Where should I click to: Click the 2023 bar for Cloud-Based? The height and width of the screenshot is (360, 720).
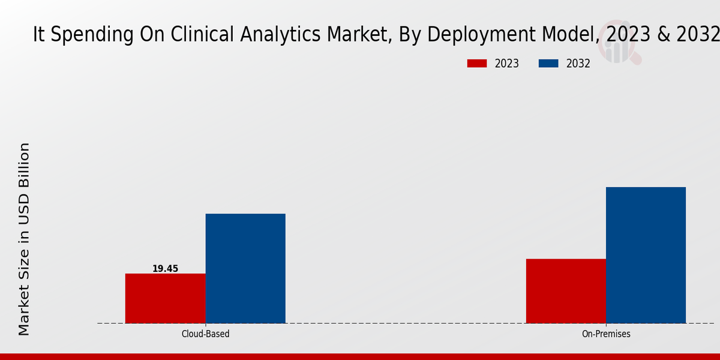pos(165,298)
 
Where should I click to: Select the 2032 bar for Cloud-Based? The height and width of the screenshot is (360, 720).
pos(245,268)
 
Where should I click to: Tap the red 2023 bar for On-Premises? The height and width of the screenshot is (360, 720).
pos(566,291)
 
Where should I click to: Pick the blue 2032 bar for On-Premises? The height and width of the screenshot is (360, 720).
pos(646,255)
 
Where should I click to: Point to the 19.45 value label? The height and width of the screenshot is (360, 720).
pos(165,269)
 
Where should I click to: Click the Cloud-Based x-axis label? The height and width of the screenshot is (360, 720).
pos(205,334)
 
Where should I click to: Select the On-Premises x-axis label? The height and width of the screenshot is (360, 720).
pos(606,334)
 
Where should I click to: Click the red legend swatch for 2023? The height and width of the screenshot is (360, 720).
pos(477,64)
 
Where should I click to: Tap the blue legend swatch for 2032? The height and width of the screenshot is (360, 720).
pos(548,64)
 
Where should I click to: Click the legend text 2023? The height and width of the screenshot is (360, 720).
pos(507,64)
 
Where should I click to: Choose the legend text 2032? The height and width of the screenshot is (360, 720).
pos(578,64)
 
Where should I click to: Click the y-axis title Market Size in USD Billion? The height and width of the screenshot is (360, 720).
pos(24,239)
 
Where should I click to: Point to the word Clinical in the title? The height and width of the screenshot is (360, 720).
pos(203,35)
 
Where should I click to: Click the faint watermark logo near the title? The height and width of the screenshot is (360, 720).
pos(622,47)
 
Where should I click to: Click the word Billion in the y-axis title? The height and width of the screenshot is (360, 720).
pos(24,165)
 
